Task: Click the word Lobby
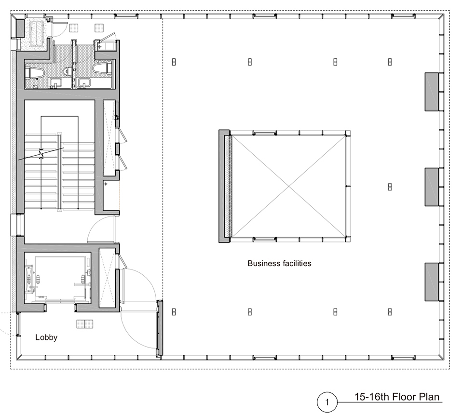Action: click(46, 337)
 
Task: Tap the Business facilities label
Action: click(279, 263)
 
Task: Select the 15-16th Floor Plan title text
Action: click(397, 397)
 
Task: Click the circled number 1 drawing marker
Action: click(327, 402)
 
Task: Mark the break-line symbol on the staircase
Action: click(41, 154)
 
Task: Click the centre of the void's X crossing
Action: click(288, 186)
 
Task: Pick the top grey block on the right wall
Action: click(432, 92)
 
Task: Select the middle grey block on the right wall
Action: click(432, 187)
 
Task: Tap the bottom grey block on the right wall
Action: click(432, 282)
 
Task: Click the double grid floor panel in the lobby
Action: click(85, 324)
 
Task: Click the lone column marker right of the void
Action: click(390, 187)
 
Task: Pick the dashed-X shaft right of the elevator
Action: click(107, 278)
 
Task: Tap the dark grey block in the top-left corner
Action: click(20, 28)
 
